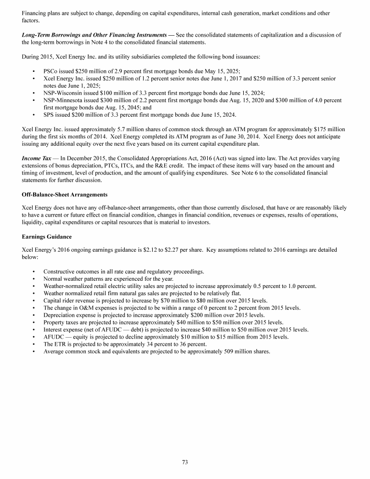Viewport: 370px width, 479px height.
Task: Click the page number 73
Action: pyautogui.click(x=185, y=462)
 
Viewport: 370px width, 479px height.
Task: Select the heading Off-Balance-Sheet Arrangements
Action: pyautogui.click(x=65, y=194)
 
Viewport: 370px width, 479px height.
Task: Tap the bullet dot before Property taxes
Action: pyautogui.click(x=33, y=322)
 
